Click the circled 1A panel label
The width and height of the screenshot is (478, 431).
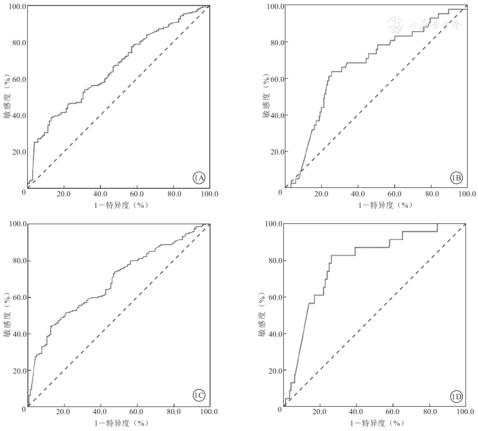[x=199, y=178]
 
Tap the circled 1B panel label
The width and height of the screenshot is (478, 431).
[x=456, y=178]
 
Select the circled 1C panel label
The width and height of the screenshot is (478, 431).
[x=199, y=396]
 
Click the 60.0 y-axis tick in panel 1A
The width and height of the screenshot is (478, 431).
[x=19, y=79]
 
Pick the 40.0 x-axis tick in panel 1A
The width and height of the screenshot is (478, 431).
[x=100, y=194]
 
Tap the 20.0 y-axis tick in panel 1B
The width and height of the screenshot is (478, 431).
[x=277, y=152]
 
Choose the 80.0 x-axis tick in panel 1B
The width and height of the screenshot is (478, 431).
[x=432, y=194]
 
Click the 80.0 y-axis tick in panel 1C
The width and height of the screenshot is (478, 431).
[x=19, y=261]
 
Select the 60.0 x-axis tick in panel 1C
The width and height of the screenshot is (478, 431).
[x=137, y=412]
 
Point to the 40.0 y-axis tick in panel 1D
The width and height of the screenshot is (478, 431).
[x=275, y=334]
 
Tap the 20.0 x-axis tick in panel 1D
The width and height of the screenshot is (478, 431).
[x=319, y=412]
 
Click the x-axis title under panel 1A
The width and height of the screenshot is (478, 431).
[x=121, y=205]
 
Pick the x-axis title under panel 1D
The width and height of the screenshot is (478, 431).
[x=377, y=423]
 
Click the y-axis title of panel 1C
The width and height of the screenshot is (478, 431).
[x=7, y=315]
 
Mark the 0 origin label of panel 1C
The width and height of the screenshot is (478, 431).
[x=24, y=409]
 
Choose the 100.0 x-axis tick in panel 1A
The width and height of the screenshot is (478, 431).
[x=210, y=194]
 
